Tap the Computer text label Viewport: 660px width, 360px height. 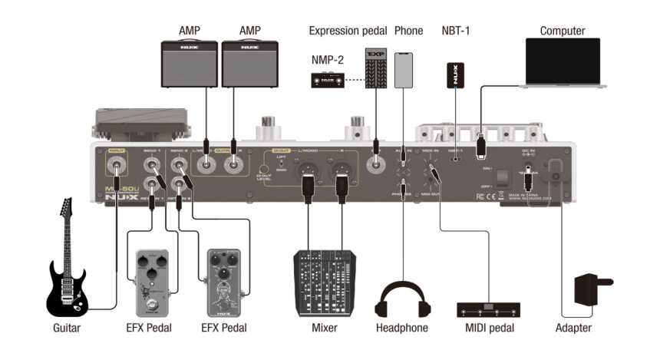click(562, 31)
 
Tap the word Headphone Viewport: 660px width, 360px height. click(402, 329)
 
